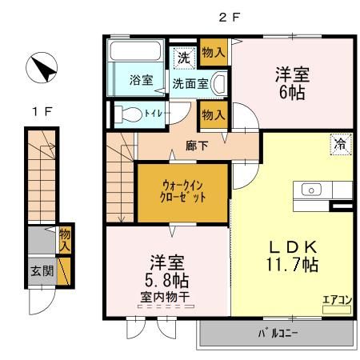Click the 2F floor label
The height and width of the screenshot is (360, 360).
point(230,16)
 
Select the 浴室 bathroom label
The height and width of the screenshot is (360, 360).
point(141,80)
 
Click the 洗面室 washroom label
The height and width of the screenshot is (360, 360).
point(190,83)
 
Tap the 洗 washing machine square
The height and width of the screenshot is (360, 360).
point(183,58)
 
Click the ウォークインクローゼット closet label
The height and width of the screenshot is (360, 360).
point(182,192)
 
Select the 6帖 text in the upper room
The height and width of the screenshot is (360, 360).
point(293,91)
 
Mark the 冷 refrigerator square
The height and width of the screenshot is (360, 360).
point(339,145)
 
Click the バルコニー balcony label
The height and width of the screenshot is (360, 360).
point(278,333)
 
